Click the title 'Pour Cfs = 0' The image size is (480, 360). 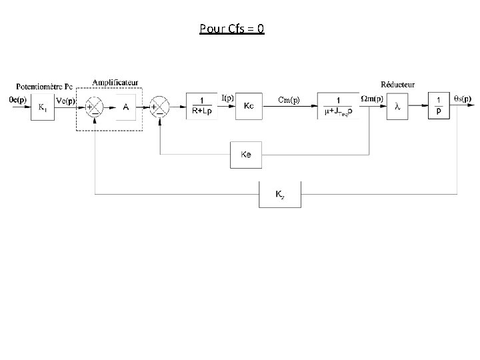(231, 29)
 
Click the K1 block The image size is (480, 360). (42, 106)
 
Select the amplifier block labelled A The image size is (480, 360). (126, 107)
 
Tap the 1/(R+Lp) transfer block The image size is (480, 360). (201, 106)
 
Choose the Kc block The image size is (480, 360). (249, 106)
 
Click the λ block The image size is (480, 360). (398, 106)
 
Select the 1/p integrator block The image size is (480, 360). (438, 106)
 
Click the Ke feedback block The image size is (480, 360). (245, 155)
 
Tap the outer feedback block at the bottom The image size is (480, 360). (280, 195)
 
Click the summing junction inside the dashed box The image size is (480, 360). (94, 107)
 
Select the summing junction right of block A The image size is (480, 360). (159, 107)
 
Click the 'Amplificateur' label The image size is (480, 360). (116, 83)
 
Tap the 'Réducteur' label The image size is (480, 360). (397, 85)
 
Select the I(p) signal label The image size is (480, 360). (227, 98)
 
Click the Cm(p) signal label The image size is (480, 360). (289, 100)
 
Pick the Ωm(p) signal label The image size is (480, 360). (371, 99)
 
